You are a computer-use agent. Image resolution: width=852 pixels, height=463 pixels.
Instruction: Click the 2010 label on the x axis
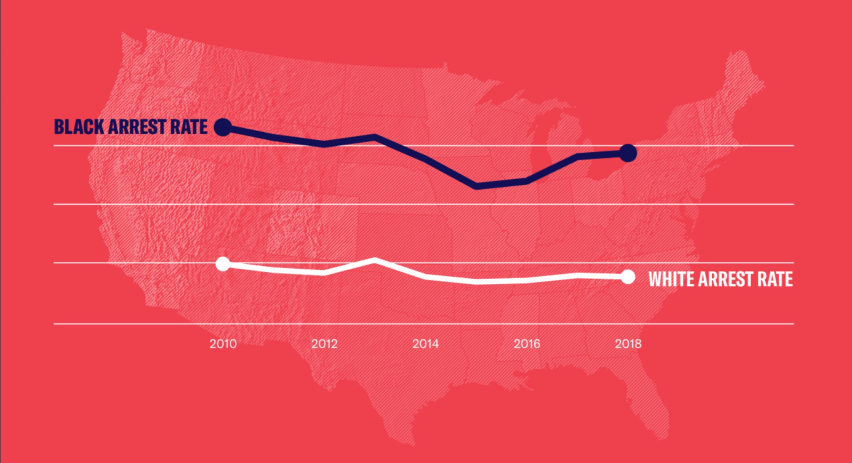pos(223,344)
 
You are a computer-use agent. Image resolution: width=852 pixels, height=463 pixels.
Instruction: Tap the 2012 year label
pos(324,344)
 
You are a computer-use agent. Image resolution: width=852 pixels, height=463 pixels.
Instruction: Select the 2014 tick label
pos(425,344)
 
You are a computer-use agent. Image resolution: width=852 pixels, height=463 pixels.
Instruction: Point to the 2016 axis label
pos(527,344)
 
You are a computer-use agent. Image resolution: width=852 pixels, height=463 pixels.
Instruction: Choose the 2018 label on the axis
pos(628,344)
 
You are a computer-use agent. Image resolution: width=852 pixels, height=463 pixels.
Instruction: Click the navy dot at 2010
pos(223,127)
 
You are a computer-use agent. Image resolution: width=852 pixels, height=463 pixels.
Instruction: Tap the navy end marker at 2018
pos(628,153)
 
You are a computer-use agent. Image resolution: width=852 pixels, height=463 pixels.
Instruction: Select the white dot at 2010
pos(223,264)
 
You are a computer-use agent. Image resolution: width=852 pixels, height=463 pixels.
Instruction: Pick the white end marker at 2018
pos(628,277)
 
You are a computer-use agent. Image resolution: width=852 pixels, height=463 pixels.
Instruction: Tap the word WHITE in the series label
pos(671,279)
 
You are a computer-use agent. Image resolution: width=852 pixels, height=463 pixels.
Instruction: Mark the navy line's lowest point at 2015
pos(477,186)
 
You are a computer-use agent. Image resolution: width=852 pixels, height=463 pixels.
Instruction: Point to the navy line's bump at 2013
pos(375,136)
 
